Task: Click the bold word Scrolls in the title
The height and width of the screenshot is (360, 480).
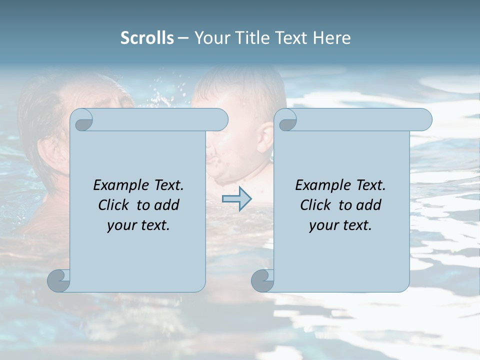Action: (147, 38)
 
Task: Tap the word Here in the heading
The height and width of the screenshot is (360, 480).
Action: (331, 38)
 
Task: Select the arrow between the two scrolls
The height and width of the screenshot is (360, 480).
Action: (236, 199)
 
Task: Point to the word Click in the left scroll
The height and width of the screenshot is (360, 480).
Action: (114, 205)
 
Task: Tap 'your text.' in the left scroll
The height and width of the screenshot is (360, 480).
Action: (138, 225)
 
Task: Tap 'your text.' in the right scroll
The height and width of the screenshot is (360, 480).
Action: (340, 225)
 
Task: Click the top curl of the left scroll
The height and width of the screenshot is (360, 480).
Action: (82, 120)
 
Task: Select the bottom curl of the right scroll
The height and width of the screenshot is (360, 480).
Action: (262, 280)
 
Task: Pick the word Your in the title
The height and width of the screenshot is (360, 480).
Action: (212, 38)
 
